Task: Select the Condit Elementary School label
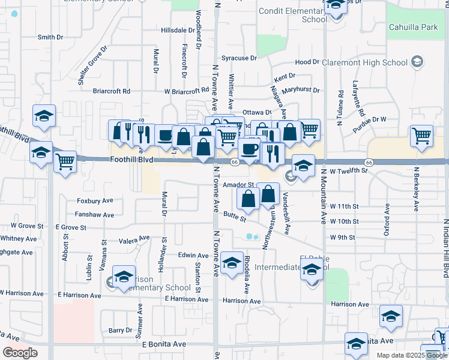click(x=292, y=15)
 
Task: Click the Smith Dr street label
click(x=50, y=37)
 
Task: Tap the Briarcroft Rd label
click(x=112, y=91)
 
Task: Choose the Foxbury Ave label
click(x=95, y=201)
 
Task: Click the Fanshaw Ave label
click(x=94, y=214)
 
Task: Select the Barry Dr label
click(x=120, y=330)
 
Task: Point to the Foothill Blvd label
click(x=131, y=160)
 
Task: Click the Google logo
click(x=20, y=353)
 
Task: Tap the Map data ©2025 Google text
click(x=411, y=355)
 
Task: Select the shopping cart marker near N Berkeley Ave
click(x=422, y=136)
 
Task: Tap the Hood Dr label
click(x=307, y=62)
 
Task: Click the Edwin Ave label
click(x=193, y=255)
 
